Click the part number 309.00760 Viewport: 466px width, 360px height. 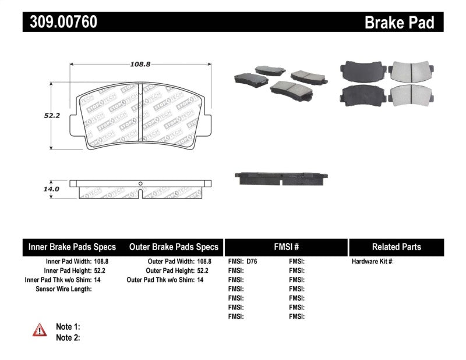[60, 23]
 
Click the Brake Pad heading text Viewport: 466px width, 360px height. [399, 23]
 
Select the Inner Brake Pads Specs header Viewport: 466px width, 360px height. [72, 247]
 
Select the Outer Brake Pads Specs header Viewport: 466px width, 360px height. [173, 247]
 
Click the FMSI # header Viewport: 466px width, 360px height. [285, 247]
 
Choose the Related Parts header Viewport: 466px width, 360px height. [396, 247]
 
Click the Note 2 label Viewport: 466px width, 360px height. [68, 337]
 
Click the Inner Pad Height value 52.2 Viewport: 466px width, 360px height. [100, 271]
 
